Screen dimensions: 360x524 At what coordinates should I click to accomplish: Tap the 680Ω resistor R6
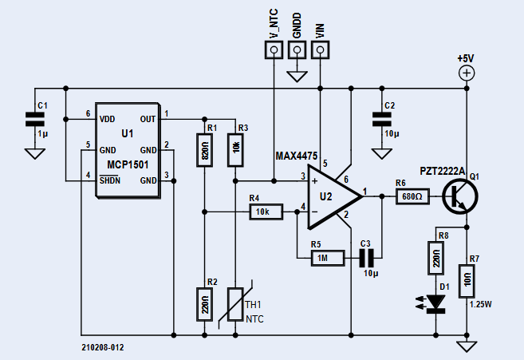point(412,196)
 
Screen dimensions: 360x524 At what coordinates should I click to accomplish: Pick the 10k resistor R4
point(264,212)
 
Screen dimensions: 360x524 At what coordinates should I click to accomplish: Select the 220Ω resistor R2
point(205,305)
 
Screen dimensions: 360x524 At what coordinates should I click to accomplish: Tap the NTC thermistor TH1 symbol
point(234,304)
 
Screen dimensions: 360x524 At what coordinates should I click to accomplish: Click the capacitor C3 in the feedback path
point(366,258)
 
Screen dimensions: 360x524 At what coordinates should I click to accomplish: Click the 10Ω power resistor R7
point(467,280)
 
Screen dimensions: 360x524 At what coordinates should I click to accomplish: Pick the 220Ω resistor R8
point(436,258)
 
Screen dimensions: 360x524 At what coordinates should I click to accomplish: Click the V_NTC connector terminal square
point(274,51)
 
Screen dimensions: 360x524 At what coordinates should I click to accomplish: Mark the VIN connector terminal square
point(321,51)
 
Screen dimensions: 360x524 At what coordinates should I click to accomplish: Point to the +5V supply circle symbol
point(467,73)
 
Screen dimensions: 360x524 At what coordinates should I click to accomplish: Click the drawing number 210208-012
point(103,348)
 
